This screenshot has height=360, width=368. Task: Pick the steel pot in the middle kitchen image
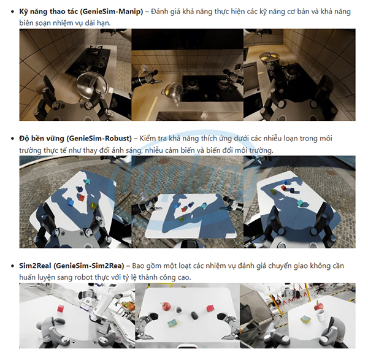172,90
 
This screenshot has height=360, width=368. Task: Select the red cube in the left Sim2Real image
62,308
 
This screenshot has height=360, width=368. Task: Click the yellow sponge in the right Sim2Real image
305,319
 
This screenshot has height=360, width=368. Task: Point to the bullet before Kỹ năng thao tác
12,13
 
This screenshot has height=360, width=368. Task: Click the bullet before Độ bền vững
12,139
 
